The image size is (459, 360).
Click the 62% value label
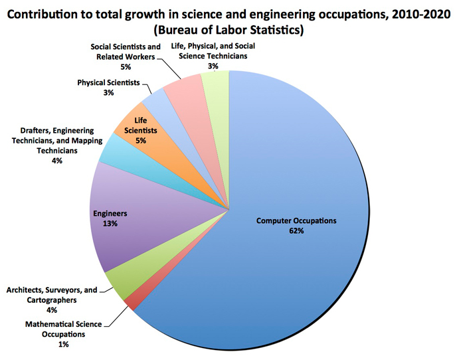click(296, 230)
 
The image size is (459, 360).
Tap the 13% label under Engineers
click(110, 224)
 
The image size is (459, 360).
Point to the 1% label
click(63, 344)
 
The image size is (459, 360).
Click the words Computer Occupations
click(297, 221)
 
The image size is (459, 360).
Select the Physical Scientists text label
click(108, 83)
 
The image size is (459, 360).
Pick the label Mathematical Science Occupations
click(64, 329)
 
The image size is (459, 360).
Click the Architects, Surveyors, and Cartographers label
click(52, 295)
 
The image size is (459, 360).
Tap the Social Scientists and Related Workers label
click(125, 52)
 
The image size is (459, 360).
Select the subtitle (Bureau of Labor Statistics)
click(230, 30)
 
